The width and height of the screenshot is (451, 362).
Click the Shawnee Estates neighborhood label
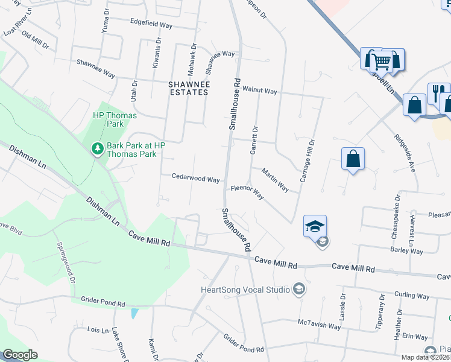tap(188, 88)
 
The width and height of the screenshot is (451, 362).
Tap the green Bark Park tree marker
tap(96, 148)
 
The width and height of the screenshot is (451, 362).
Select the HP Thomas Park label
tap(115, 119)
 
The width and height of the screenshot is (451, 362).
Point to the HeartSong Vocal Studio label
tap(245, 290)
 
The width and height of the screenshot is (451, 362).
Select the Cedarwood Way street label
tap(195, 179)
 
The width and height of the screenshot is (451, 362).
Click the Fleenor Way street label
tap(247, 192)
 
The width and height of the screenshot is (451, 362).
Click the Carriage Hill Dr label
tap(307, 161)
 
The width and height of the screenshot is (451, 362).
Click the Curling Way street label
tap(412, 296)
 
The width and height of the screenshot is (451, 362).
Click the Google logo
tap(20, 355)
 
